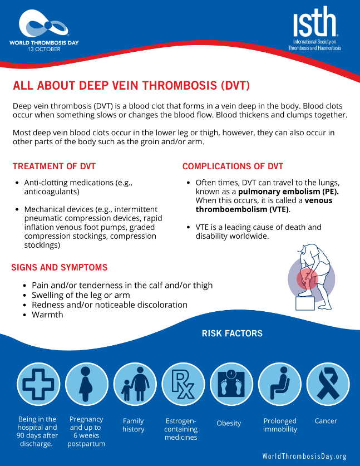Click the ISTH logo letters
click(315, 23)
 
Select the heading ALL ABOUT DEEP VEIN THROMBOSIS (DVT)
click(131, 86)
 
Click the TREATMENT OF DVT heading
click(54, 166)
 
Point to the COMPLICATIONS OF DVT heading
click(233, 166)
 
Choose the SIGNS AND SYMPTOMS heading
click(60, 268)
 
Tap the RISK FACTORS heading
click(232, 333)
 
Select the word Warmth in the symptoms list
click(47, 315)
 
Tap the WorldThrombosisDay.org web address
click(304, 456)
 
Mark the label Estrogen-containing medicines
click(181, 429)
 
